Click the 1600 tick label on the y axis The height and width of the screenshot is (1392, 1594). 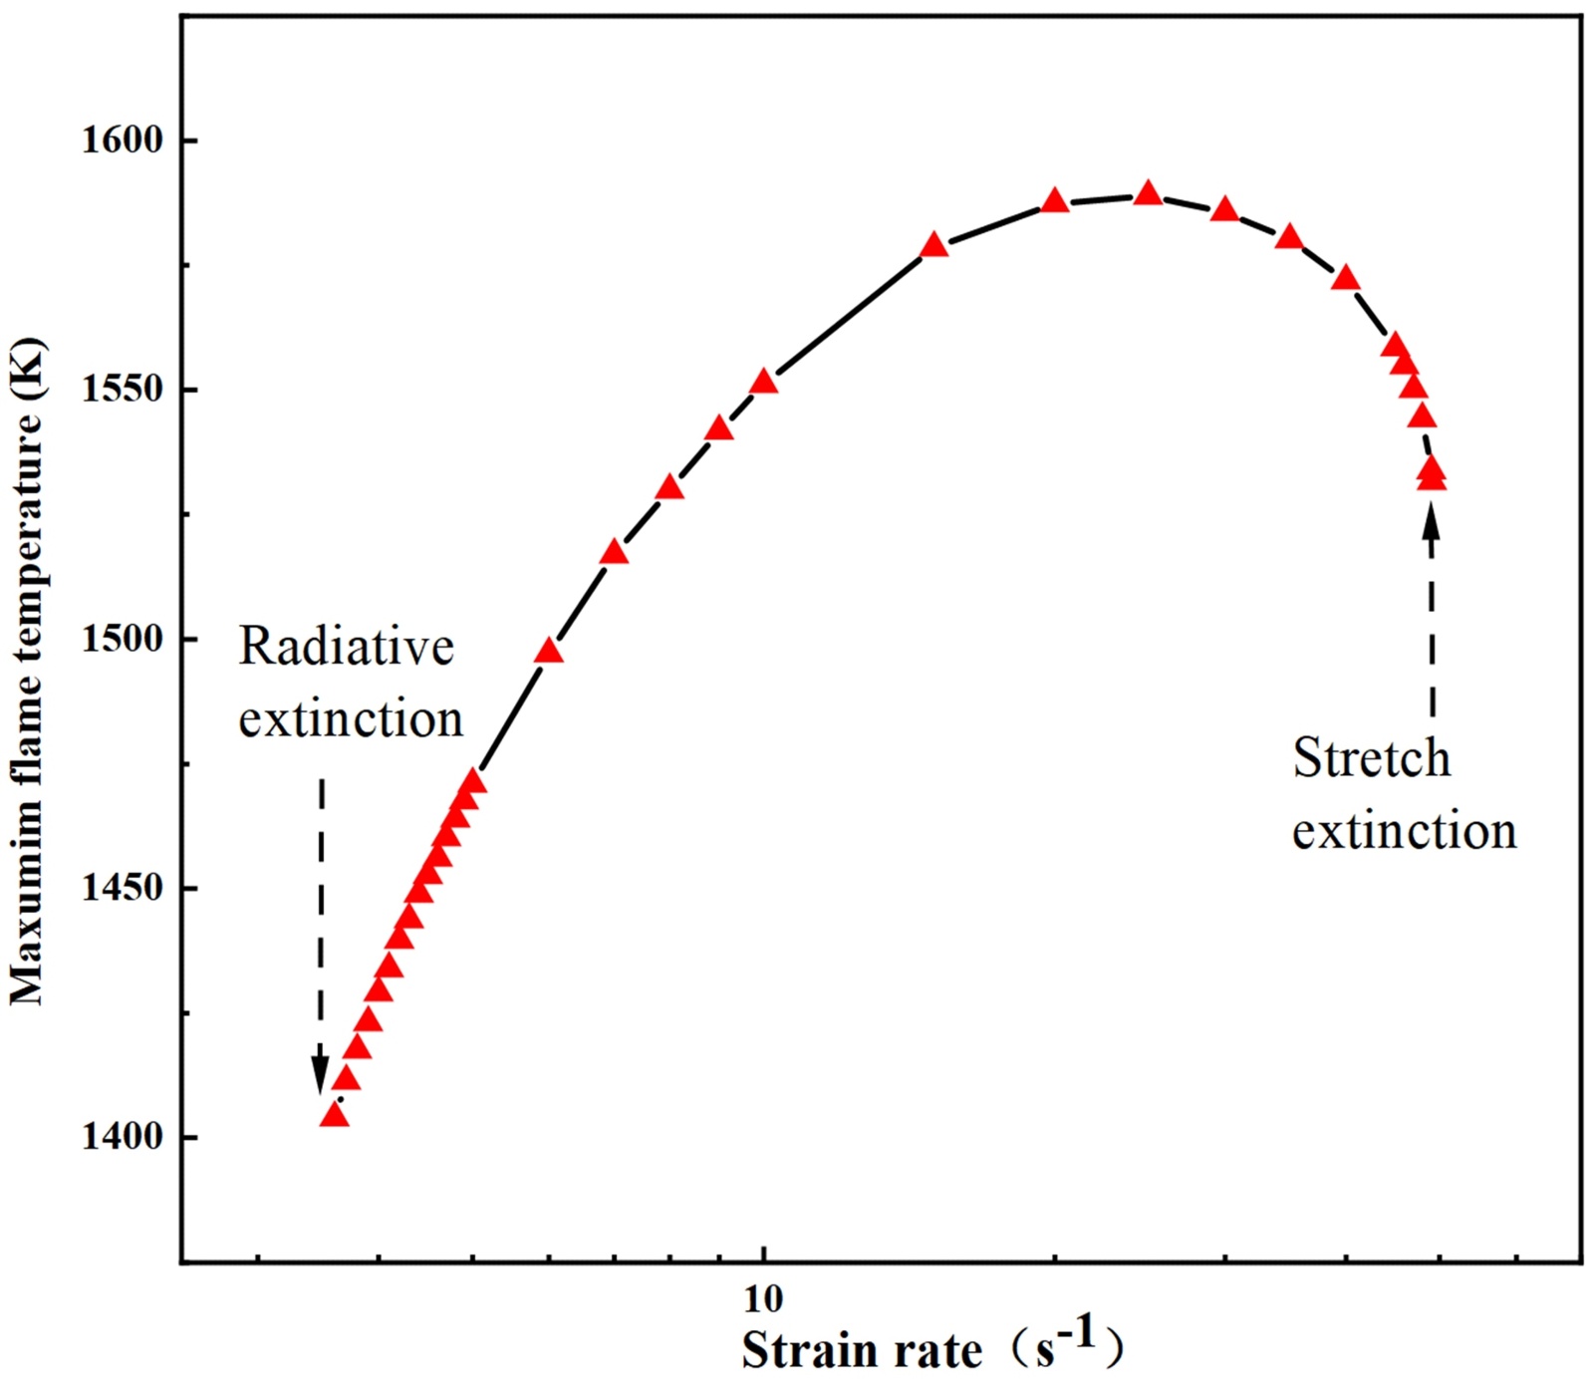pyautogui.click(x=121, y=140)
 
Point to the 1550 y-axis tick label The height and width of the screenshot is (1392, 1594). pyautogui.click(x=121, y=390)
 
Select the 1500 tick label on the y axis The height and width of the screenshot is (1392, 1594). pyautogui.click(x=121, y=639)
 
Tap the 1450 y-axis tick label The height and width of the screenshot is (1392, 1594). pyautogui.click(x=121, y=888)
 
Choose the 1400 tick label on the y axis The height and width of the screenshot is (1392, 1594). pyautogui.click(x=121, y=1137)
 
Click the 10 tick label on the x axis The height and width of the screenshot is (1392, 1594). pyautogui.click(x=763, y=1298)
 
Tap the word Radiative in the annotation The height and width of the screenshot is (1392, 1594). pyautogui.click(x=346, y=647)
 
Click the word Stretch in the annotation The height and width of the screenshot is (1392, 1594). pyautogui.click(x=1371, y=758)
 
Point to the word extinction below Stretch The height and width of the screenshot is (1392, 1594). pyautogui.click(x=1404, y=830)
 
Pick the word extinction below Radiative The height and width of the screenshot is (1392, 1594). pyautogui.click(x=351, y=718)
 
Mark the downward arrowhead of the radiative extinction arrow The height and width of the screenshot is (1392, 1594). pyautogui.click(x=320, y=1079)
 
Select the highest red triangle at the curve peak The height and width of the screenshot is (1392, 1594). pyautogui.click(x=1149, y=193)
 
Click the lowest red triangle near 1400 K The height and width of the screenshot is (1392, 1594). pyautogui.click(x=335, y=1115)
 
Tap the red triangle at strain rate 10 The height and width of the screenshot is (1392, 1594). pyautogui.click(x=763, y=382)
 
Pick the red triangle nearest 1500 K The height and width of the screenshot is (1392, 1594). pyautogui.click(x=549, y=652)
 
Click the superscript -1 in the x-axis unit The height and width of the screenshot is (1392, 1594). pyautogui.click(x=1076, y=1334)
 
